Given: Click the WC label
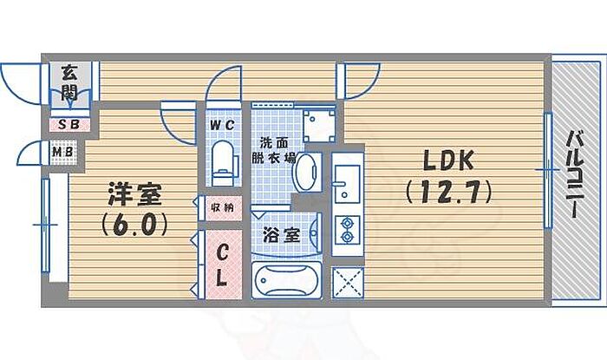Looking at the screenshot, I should (221, 126).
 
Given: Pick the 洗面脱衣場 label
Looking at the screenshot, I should (276, 150).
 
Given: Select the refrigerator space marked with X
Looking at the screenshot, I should (348, 282).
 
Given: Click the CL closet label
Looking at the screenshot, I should (221, 266).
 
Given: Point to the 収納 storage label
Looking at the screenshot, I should (221, 207).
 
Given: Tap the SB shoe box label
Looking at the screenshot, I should (64, 124).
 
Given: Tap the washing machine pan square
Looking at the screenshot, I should (318, 125).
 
